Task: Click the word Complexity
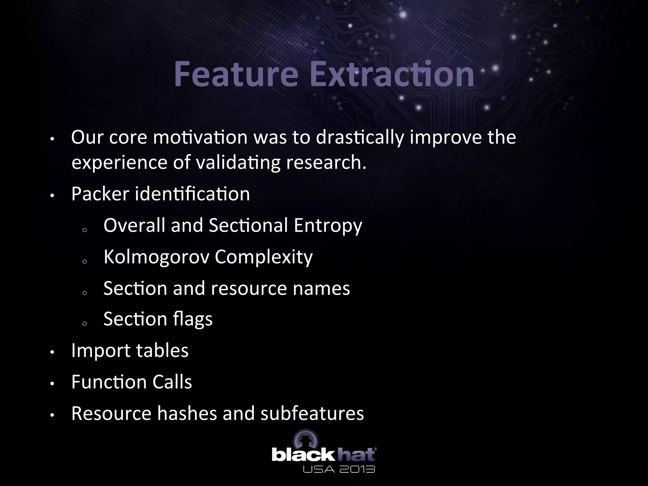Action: [x=264, y=257]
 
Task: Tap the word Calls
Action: [x=172, y=382]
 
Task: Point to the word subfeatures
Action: [x=312, y=413]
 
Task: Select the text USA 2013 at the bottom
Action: [x=339, y=469]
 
